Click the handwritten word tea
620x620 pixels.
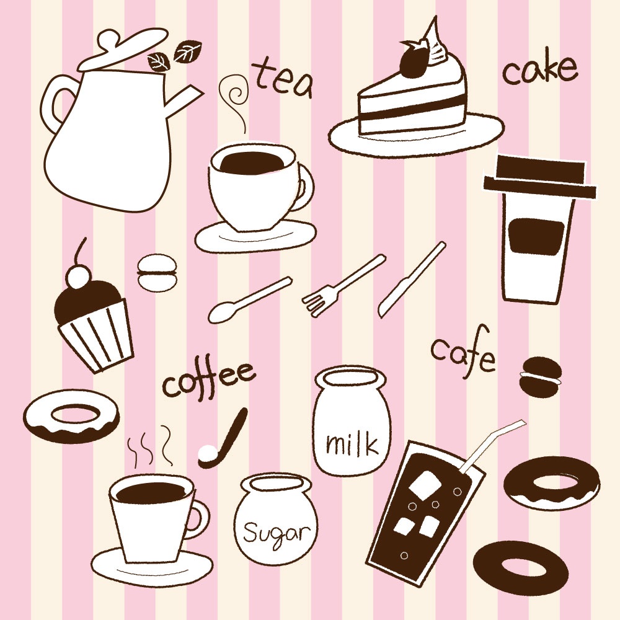coord(284,79)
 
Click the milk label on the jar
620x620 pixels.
coord(352,444)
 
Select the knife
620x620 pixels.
coord(412,279)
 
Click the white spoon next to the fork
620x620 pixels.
coord(250,299)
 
